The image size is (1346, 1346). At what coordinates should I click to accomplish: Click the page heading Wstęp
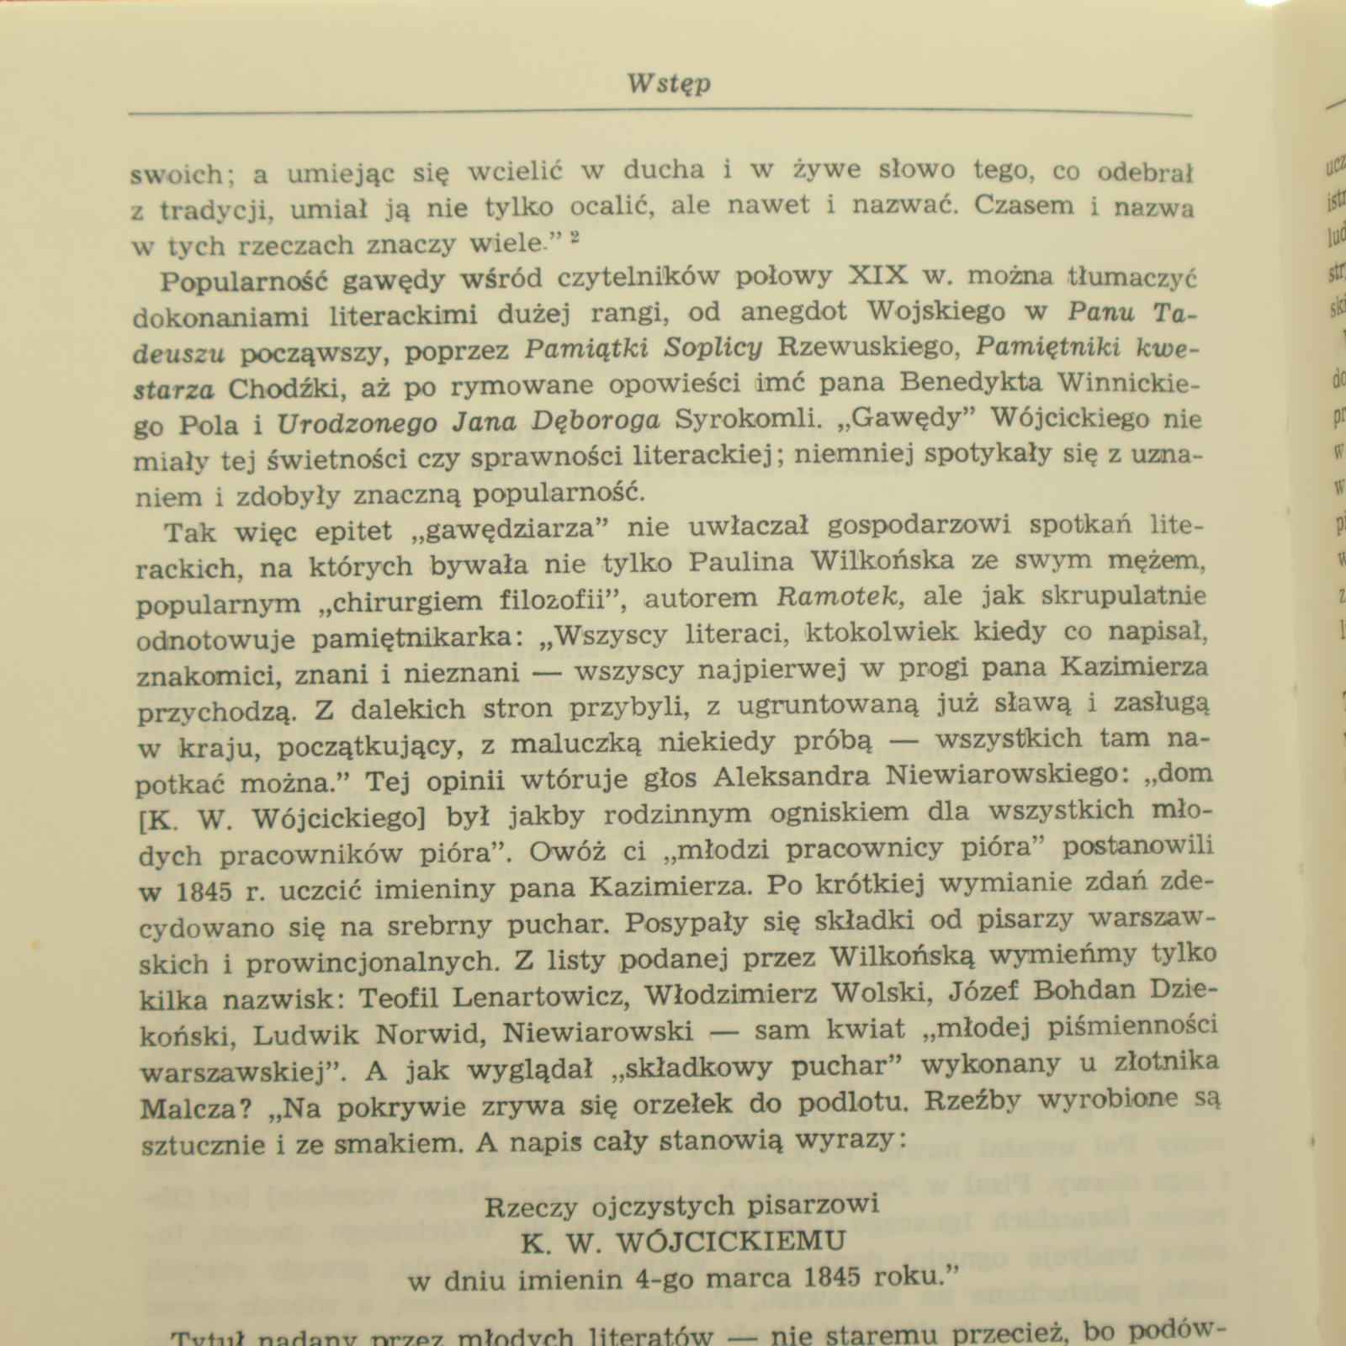(669, 84)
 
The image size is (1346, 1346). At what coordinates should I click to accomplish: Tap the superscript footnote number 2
(574, 238)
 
